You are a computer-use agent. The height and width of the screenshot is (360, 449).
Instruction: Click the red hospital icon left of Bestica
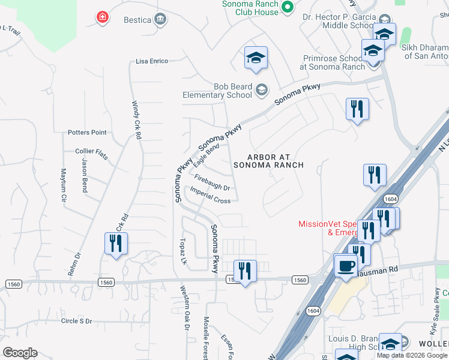click(103, 17)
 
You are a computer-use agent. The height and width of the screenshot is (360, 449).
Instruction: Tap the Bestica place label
click(137, 20)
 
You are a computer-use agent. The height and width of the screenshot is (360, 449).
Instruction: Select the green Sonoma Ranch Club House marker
click(287, 7)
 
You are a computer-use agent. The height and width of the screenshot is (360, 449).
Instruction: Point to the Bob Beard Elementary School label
click(217, 91)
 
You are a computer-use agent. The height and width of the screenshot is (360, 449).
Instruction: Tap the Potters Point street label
click(87, 133)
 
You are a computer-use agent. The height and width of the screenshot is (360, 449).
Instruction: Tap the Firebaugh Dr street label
click(212, 182)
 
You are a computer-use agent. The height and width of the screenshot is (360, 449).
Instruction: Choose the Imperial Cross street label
click(210, 195)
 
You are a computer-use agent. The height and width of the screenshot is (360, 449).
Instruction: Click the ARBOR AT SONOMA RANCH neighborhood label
click(268, 160)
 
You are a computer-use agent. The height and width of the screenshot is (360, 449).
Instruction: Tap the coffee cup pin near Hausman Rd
click(345, 265)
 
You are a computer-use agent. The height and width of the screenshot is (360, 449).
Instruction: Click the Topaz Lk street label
click(184, 253)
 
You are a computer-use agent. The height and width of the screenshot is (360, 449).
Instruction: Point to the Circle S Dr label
click(76, 321)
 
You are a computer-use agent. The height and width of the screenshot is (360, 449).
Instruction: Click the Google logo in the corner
click(20, 353)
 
